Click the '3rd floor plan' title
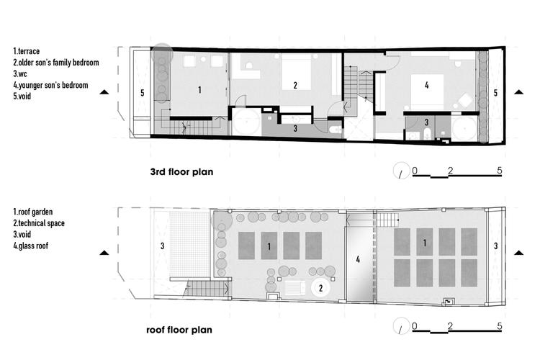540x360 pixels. tap(181, 171)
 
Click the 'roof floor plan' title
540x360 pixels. tap(179, 330)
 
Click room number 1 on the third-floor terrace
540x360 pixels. tap(199, 90)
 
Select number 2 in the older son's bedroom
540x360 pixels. tap(295, 85)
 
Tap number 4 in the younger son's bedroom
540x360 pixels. tap(427, 85)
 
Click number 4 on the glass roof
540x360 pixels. tap(358, 259)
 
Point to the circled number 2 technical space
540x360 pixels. tap(320, 288)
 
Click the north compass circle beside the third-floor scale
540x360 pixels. tap(402, 171)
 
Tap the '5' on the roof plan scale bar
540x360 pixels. tap(500, 326)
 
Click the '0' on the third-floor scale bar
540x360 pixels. tap(415, 171)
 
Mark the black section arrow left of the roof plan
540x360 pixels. tap(104, 253)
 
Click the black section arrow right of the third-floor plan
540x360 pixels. tap(518, 92)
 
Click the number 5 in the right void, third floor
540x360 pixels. tap(495, 92)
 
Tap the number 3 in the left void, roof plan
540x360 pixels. tap(162, 246)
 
